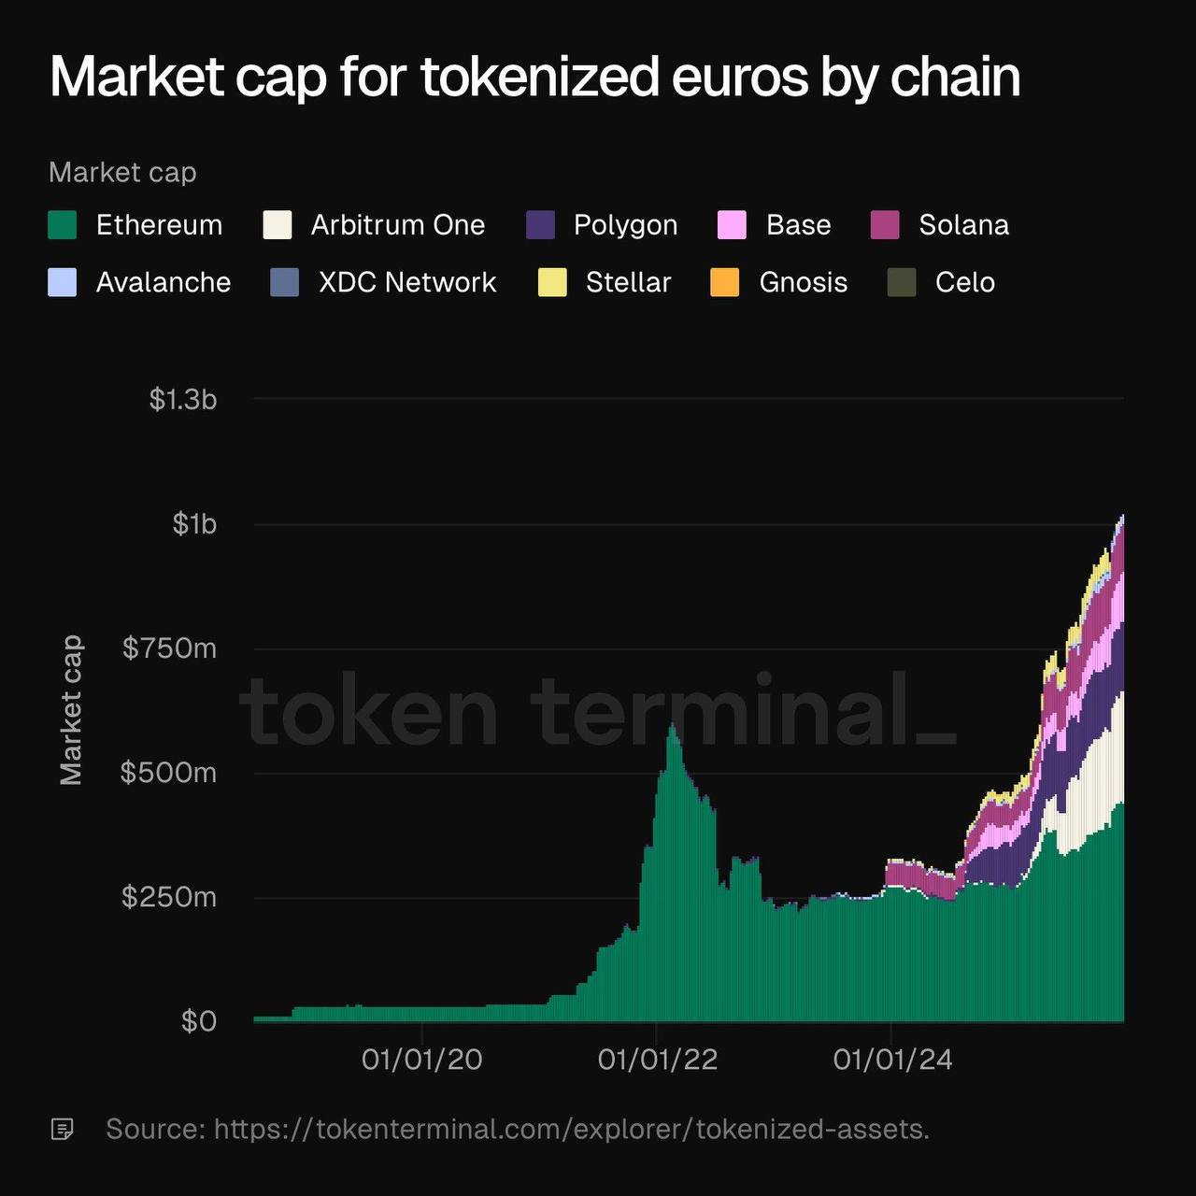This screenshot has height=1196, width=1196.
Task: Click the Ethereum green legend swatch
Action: pyautogui.click(x=63, y=225)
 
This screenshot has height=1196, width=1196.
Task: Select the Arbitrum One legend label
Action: pyautogui.click(x=397, y=225)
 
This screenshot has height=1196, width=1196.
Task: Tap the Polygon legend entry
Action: pyautogui.click(x=624, y=225)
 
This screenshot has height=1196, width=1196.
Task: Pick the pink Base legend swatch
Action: pyautogui.click(x=732, y=225)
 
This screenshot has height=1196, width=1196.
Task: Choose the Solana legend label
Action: pyautogui.click(x=963, y=225)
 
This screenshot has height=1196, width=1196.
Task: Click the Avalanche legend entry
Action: pyautogui.click(x=163, y=282)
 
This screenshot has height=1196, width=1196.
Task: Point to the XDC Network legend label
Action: pyautogui.click(x=407, y=282)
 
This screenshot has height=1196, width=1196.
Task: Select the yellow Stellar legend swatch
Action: pyautogui.click(x=552, y=282)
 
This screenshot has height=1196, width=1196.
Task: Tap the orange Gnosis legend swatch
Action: pyautogui.click(x=725, y=282)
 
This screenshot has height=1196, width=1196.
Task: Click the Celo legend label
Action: pyautogui.click(x=964, y=282)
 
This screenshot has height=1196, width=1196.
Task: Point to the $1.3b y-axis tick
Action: pyautogui.click(x=183, y=400)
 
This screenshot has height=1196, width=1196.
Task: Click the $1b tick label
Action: pyautogui.click(x=194, y=524)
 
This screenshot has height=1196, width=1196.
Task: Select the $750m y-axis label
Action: pyautogui.click(x=169, y=648)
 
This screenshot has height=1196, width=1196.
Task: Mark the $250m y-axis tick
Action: pyautogui.click(x=169, y=897)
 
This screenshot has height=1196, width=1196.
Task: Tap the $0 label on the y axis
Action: pyautogui.click(x=199, y=1021)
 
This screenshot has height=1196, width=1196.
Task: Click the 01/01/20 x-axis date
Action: pyautogui.click(x=422, y=1059)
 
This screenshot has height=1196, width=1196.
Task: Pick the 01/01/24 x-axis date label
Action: pyautogui.click(x=892, y=1059)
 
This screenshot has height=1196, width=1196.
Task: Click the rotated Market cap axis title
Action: pyautogui.click(x=71, y=710)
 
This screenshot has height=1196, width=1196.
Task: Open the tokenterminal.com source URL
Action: pyautogui.click(x=571, y=1129)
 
